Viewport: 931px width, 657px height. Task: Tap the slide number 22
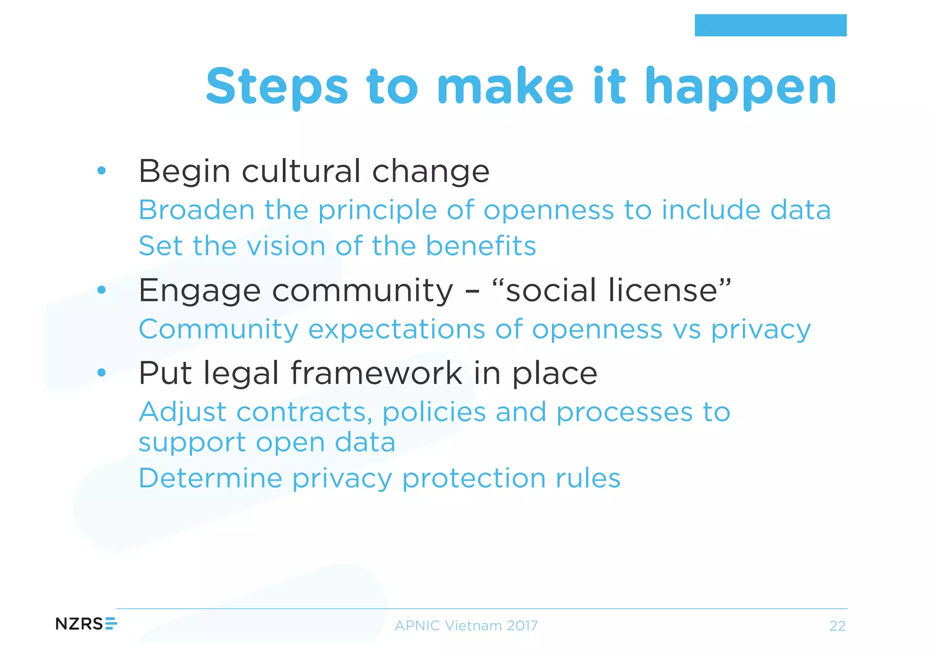coord(837,626)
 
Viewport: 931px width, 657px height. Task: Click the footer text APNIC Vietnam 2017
coord(466,626)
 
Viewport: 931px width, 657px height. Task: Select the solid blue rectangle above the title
coord(770,25)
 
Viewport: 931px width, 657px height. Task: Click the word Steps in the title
coord(277,87)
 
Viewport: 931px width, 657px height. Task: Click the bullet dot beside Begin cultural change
coord(101,171)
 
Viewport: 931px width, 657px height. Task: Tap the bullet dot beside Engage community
coord(101,290)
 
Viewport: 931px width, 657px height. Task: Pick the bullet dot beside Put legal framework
coord(101,373)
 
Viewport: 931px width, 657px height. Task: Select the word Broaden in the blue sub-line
coord(196,210)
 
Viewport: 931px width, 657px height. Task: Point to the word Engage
coord(200,291)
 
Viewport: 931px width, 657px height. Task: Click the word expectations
coord(396,330)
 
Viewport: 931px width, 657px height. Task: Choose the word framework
coord(376,373)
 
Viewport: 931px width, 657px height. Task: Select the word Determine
coord(210,478)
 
